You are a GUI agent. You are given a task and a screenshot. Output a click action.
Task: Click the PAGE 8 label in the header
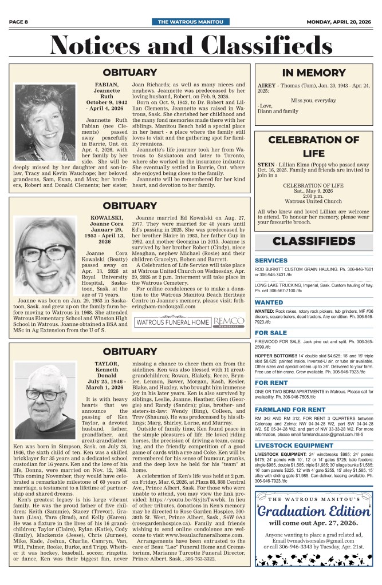(19, 22)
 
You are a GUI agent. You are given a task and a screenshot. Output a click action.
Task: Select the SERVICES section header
(271, 260)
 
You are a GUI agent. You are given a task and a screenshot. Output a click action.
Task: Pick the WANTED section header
(269, 302)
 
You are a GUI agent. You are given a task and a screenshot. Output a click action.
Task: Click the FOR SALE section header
(271, 332)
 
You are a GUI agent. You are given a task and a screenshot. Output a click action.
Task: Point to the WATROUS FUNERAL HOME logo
(172, 323)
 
